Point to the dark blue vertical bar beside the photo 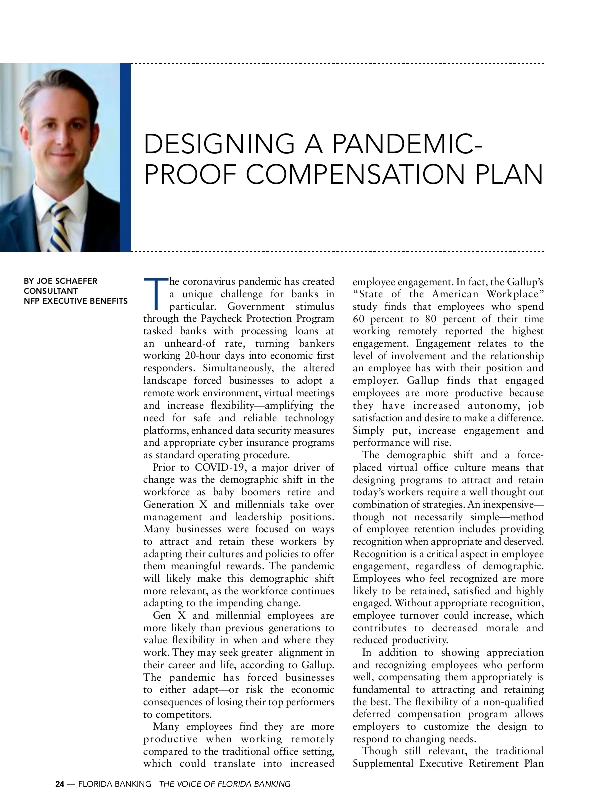pyautogui.click(x=125, y=157)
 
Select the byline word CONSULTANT pyautogui.click(x=51, y=291)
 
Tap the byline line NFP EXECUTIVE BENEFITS pyautogui.click(x=76, y=301)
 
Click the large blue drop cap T pyautogui.click(x=155, y=293)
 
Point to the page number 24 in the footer pyautogui.click(x=60, y=784)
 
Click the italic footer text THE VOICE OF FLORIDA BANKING pyautogui.click(x=224, y=784)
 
